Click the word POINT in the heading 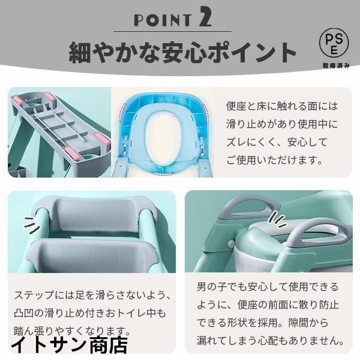(163, 20)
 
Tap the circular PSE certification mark (334, 43)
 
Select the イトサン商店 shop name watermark (70, 344)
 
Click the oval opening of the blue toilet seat (163, 136)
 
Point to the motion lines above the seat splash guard (277, 219)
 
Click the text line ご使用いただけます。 (274, 160)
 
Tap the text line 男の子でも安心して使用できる (268, 287)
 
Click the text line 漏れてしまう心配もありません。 (270, 340)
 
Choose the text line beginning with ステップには (92, 295)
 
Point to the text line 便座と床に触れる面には (282, 106)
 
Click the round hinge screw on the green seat (232, 244)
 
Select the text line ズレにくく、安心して (277, 142)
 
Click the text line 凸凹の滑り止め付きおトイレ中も (90, 313)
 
